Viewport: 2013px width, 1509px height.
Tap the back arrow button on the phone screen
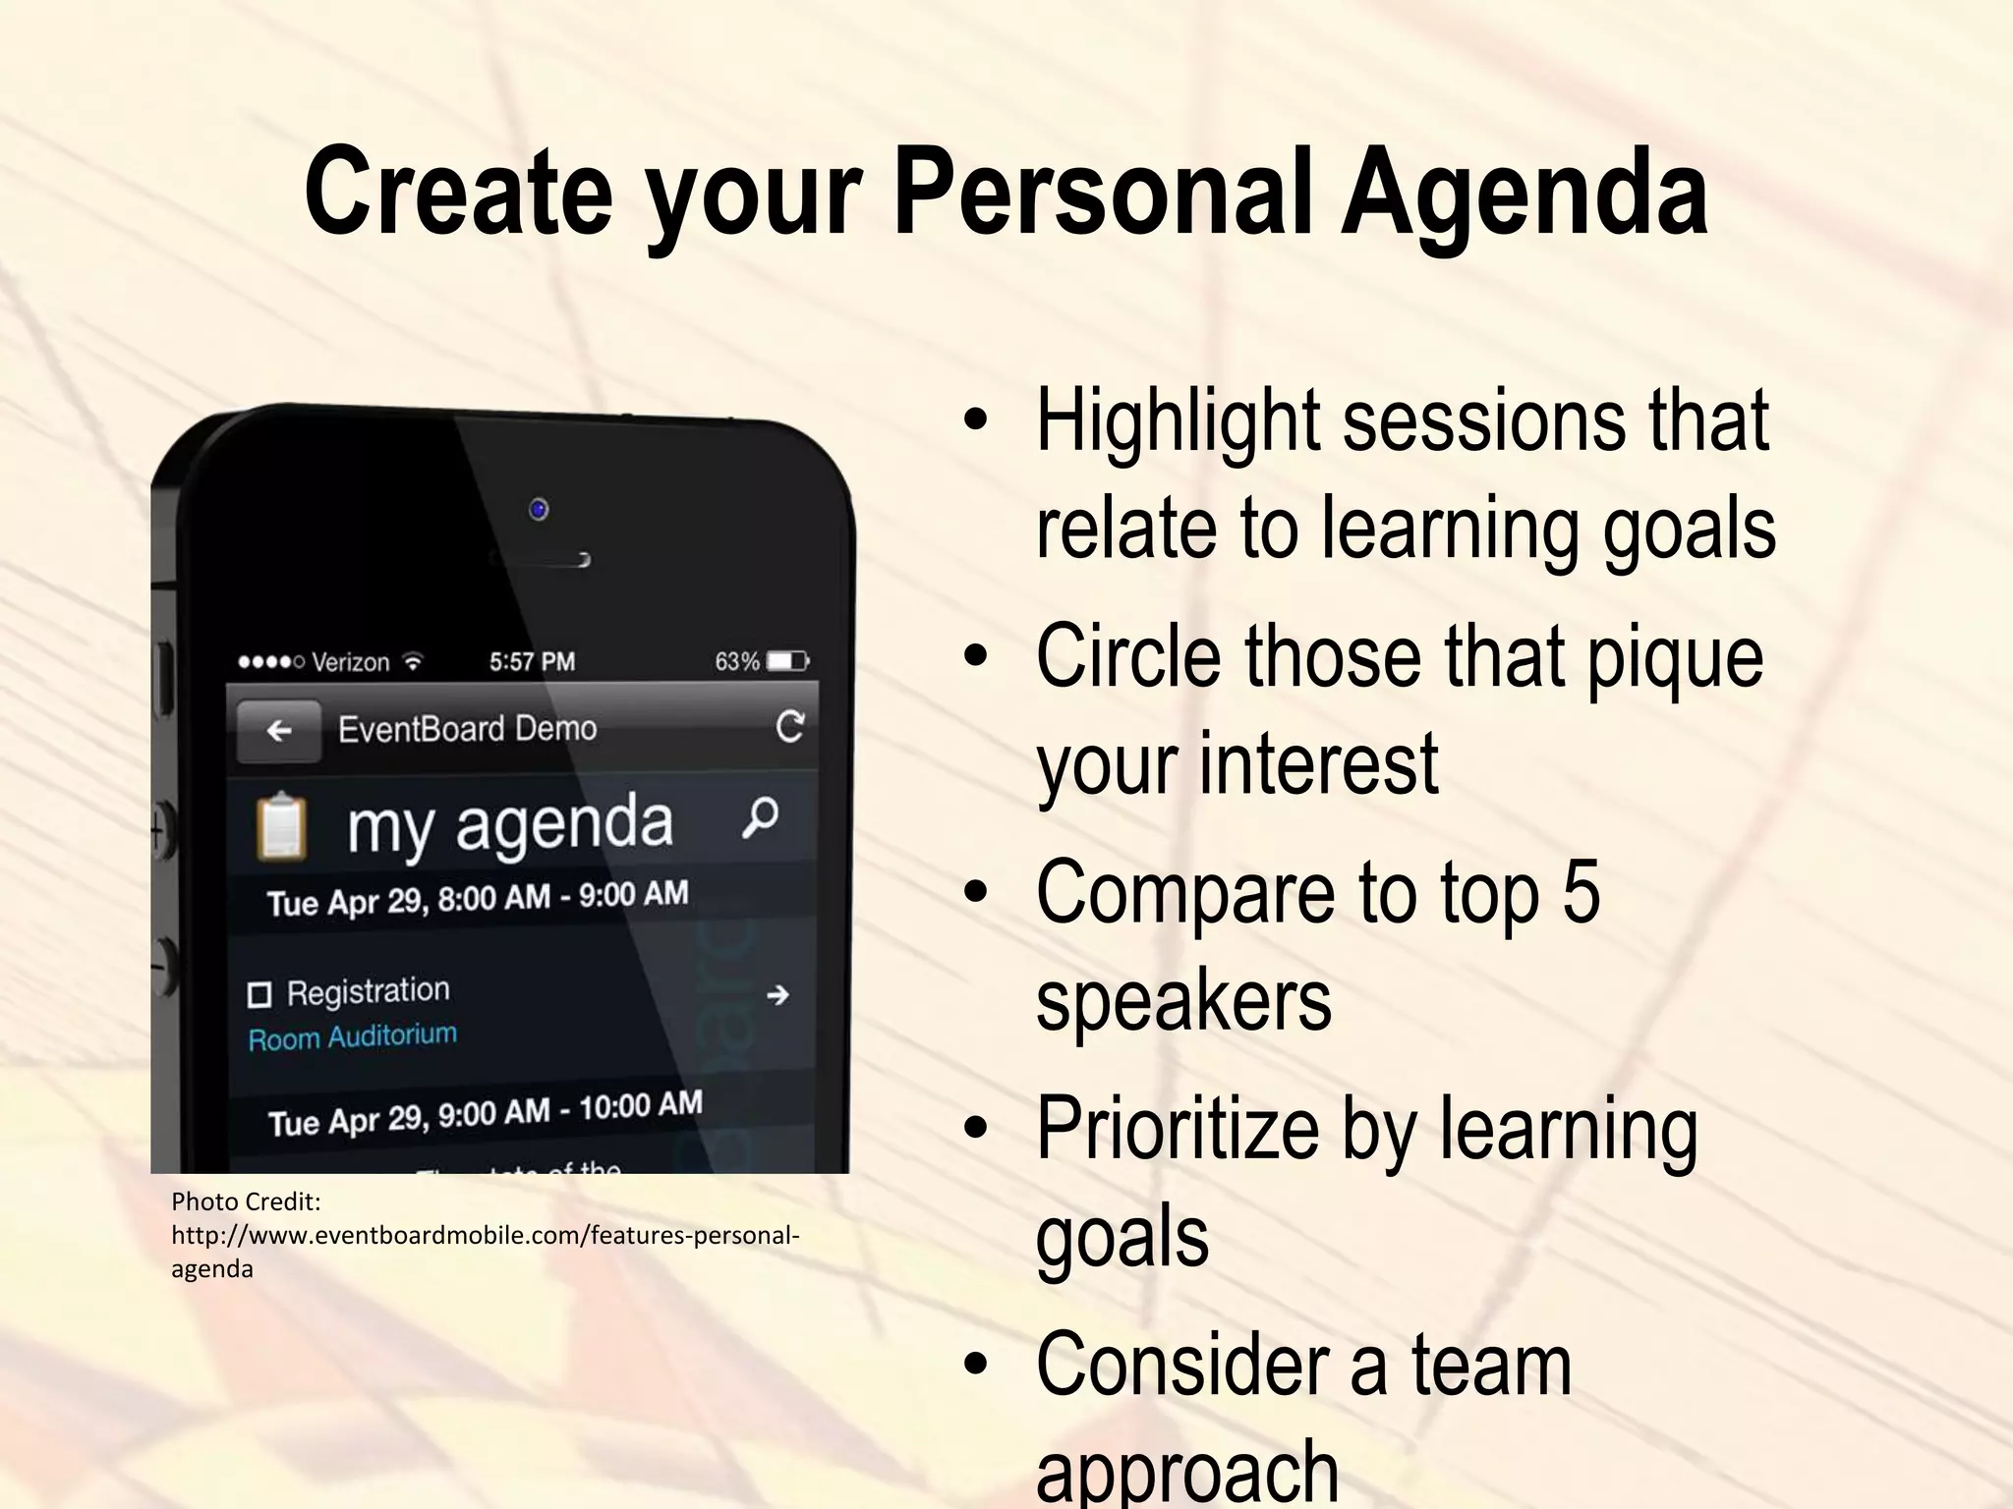279,731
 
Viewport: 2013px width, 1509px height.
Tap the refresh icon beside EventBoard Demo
790,726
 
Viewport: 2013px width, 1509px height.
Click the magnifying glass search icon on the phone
761,817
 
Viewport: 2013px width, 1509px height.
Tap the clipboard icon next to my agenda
282,826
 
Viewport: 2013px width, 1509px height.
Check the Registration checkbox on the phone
259,995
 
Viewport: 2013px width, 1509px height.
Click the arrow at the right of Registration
777,995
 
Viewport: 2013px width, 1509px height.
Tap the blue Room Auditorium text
352,1036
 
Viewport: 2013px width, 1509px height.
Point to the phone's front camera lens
538,509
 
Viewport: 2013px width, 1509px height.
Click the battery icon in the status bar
787,661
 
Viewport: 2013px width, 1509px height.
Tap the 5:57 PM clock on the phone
532,661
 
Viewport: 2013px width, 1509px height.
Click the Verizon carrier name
350,662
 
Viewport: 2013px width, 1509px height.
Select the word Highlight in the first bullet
1179,422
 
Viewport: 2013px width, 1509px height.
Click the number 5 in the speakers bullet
1581,892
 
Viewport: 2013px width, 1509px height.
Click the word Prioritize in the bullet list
1178,1130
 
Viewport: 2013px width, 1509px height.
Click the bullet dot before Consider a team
975,1366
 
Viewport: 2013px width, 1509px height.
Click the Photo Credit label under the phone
246,1202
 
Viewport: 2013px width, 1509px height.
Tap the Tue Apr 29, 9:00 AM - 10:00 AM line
485,1112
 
